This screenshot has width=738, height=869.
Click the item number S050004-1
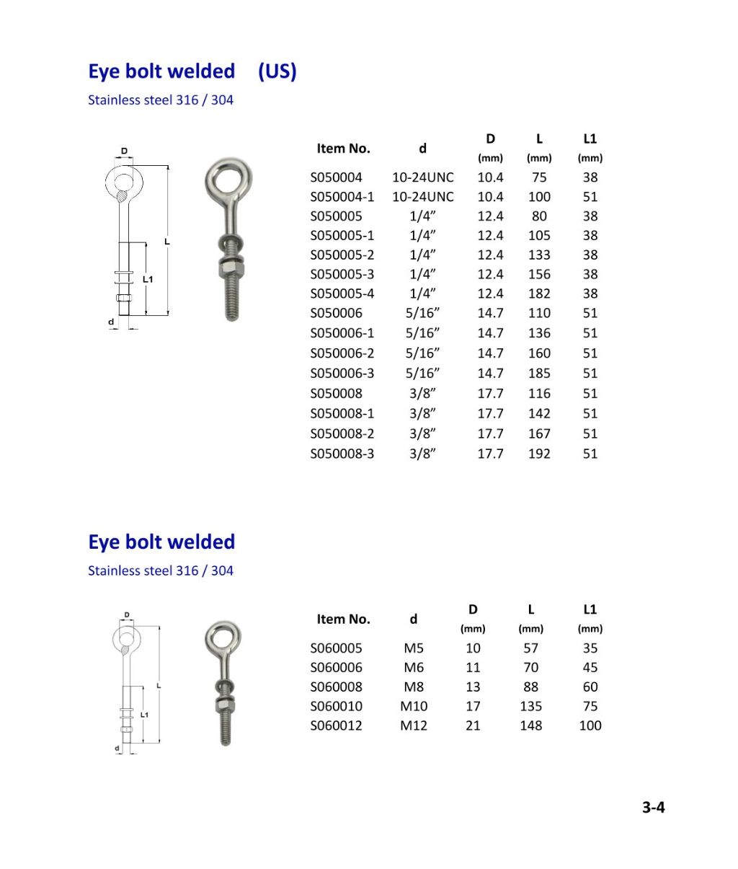(x=342, y=197)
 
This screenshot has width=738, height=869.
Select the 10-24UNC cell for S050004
(x=422, y=177)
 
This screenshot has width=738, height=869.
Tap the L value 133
(x=539, y=255)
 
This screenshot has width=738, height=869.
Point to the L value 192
(x=539, y=454)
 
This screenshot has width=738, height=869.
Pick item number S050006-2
(x=342, y=353)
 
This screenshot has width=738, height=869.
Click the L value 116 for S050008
(x=539, y=394)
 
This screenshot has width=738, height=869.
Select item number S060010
(x=337, y=707)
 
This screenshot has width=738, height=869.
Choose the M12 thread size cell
(x=414, y=726)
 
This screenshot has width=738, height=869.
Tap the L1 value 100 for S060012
(x=590, y=726)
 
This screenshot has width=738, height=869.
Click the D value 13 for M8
(x=473, y=687)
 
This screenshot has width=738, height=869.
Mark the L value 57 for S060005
(x=530, y=648)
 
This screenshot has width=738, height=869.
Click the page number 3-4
(x=653, y=808)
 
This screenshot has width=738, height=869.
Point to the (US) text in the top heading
(x=277, y=71)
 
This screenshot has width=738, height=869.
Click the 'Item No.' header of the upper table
(x=343, y=149)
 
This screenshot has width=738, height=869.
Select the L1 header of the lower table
(x=590, y=610)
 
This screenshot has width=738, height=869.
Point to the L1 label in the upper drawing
(x=148, y=279)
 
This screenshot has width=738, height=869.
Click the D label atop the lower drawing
(x=127, y=615)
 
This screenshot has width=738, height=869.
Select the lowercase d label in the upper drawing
(x=111, y=322)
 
